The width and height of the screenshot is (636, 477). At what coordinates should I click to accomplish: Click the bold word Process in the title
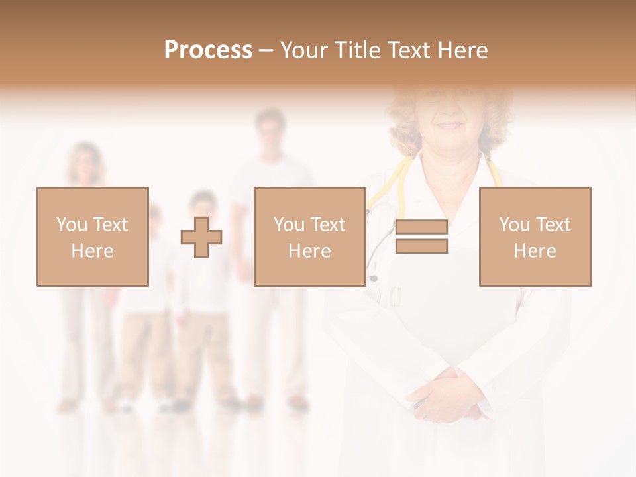pos(208,50)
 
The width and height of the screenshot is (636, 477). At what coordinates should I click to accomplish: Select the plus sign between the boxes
pos(201,237)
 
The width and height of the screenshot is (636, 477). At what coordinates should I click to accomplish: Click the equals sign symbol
pos(421,237)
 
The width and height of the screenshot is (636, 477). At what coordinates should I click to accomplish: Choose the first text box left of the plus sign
pos(93,237)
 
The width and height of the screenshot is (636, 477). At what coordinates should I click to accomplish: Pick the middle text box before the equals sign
pos(309,237)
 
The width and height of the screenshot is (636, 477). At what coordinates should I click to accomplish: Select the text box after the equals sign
pos(535,237)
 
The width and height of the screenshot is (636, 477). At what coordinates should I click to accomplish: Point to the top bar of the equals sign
pos(421,227)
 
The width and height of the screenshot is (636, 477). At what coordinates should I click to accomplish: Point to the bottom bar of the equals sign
pos(421,246)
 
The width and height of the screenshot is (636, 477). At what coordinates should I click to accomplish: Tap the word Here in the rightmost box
pos(535,251)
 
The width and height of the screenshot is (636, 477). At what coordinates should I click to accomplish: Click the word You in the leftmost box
pos(71,225)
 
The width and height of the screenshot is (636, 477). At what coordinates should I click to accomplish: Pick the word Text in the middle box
pos(328,225)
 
